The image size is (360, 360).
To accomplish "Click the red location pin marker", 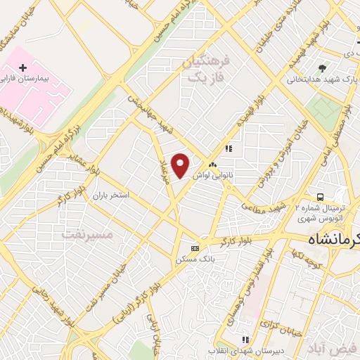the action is click(181, 165).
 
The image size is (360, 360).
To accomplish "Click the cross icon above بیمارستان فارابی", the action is click(23, 68).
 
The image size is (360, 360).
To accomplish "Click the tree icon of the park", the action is click(322, 68).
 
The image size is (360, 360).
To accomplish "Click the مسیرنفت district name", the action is click(86, 233).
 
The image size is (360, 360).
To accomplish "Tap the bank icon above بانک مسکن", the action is click(195, 248).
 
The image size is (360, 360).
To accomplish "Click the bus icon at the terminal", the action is click(320, 197).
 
